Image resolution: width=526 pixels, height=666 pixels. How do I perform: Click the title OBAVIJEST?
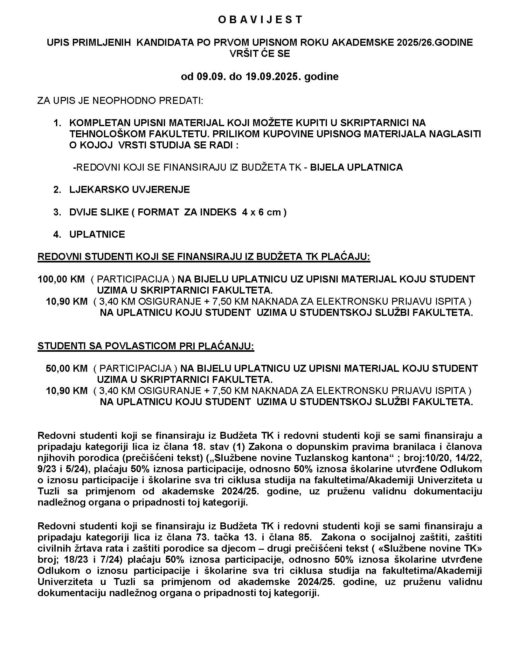point(260,20)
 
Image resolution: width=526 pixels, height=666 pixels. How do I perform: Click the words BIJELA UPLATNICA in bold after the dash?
point(356,167)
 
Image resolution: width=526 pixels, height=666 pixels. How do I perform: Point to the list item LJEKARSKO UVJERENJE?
point(129,190)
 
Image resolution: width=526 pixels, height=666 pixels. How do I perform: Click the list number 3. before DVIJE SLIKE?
point(57,212)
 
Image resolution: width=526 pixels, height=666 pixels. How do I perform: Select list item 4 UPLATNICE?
point(97,234)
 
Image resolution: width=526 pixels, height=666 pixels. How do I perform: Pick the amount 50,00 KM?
point(66,368)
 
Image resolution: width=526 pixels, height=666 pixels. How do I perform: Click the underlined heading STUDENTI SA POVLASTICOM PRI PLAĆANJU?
point(146,346)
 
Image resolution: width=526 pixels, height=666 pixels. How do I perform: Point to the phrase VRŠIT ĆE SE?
point(260,53)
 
